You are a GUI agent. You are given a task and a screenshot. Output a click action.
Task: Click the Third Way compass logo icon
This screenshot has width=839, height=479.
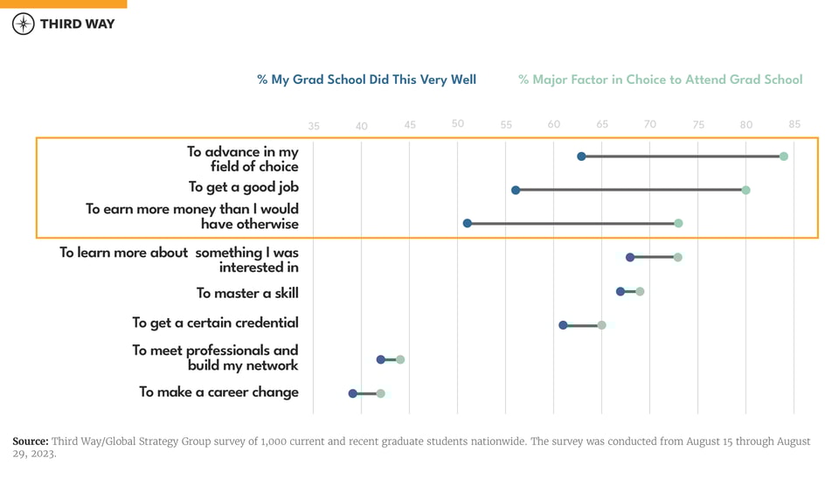(x=24, y=24)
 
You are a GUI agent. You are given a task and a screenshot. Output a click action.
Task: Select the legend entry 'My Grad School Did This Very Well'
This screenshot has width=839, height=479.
(x=366, y=80)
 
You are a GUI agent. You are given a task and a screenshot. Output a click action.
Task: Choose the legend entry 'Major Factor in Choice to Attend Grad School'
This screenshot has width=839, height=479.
(x=660, y=80)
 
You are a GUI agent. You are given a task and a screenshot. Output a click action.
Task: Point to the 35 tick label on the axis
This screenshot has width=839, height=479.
(x=314, y=126)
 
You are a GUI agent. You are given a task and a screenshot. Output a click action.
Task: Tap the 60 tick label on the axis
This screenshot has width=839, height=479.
(x=554, y=124)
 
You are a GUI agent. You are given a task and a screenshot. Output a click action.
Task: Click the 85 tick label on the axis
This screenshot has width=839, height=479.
(x=794, y=124)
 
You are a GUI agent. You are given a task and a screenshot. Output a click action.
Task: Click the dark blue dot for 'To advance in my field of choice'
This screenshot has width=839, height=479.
(x=581, y=156)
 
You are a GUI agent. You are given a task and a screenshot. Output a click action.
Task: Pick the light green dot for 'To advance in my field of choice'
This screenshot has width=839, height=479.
(x=784, y=156)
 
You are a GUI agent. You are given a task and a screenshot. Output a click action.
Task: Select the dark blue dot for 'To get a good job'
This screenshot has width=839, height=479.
(x=516, y=190)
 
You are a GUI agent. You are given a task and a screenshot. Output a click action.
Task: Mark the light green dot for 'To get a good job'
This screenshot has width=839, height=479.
(x=745, y=190)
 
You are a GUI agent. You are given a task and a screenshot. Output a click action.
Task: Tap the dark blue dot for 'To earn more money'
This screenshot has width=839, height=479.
(x=468, y=224)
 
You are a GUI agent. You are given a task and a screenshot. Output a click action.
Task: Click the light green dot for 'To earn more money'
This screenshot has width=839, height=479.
(x=678, y=224)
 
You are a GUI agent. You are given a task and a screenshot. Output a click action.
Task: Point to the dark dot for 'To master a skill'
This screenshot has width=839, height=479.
(x=621, y=291)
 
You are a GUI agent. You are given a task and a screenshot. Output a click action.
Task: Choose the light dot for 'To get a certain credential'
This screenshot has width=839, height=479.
(x=601, y=325)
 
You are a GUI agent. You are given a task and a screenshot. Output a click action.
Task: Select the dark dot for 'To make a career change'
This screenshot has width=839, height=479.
(x=353, y=393)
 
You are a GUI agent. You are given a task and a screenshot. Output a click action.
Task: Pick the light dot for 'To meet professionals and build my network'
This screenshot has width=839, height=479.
(x=400, y=359)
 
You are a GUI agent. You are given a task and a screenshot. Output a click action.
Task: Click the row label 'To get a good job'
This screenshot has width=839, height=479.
(x=244, y=187)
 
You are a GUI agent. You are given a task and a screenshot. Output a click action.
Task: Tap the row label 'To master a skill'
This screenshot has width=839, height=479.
(x=247, y=293)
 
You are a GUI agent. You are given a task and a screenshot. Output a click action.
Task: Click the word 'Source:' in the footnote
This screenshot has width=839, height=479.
(x=30, y=441)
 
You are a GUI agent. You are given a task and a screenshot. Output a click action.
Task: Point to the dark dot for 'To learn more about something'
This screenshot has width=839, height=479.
(x=630, y=257)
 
